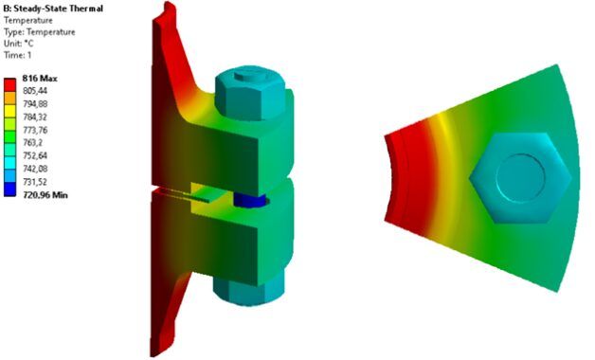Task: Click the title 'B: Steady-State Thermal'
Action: click(53, 9)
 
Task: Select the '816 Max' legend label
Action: click(40, 79)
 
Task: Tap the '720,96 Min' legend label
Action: click(45, 195)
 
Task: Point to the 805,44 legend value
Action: click(35, 91)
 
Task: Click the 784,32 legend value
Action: click(35, 117)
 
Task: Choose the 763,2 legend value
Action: click(32, 143)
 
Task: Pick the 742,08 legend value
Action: click(35, 169)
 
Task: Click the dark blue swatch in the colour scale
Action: click(9, 189)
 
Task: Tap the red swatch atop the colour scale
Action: click(9, 85)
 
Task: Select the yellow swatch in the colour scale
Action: click(9, 111)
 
